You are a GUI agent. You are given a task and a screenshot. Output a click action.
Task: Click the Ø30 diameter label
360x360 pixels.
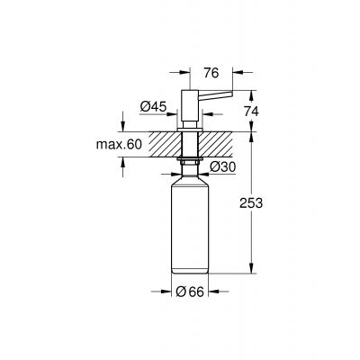click(221, 167)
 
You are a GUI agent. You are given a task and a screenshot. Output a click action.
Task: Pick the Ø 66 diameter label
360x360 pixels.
click(191, 291)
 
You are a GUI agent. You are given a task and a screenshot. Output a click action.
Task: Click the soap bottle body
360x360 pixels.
click(191, 225)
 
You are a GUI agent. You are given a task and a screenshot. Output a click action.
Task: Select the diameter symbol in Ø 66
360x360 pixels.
click(180, 291)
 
